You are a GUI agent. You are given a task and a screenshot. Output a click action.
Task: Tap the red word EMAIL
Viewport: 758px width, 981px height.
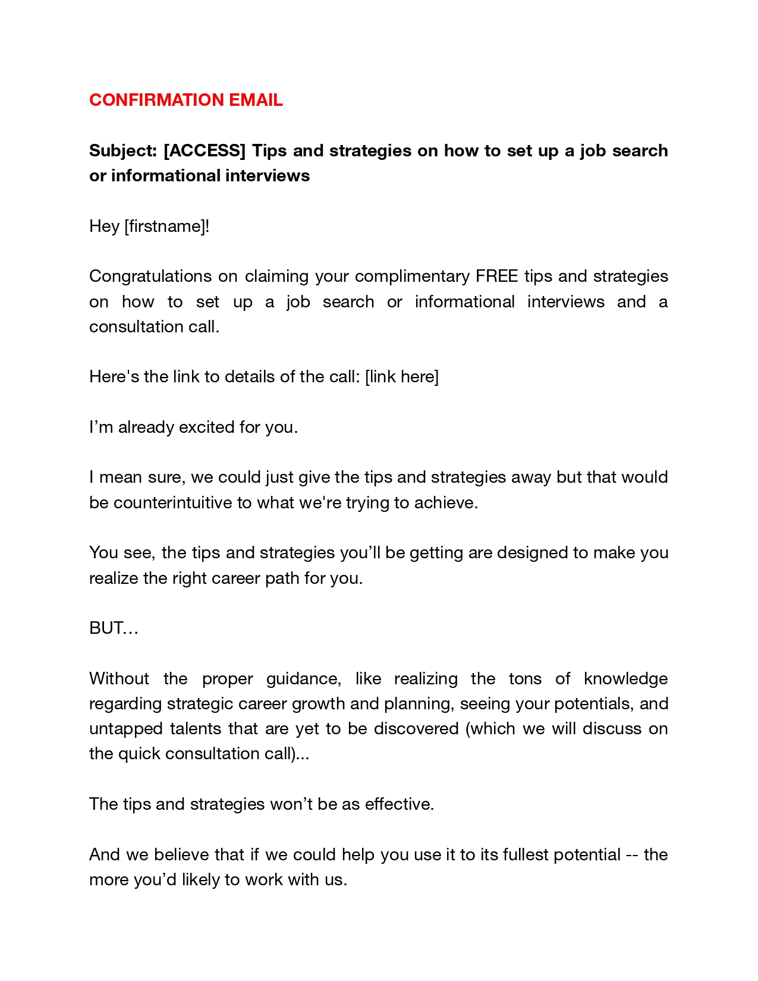pyautogui.click(x=256, y=100)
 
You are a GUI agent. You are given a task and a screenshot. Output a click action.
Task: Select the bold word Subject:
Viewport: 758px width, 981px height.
pyautogui.click(x=123, y=151)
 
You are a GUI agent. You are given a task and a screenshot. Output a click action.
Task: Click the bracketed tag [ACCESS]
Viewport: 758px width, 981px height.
pyautogui.click(x=205, y=151)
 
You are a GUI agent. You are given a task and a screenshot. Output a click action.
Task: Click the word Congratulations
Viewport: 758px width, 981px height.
pyautogui.click(x=150, y=276)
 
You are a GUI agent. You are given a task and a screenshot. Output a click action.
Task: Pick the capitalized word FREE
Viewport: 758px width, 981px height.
pyautogui.click(x=496, y=276)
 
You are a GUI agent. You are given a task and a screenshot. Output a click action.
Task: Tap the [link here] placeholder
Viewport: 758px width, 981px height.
pyautogui.click(x=402, y=377)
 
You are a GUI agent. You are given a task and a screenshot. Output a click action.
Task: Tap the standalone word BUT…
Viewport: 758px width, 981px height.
pyautogui.click(x=114, y=628)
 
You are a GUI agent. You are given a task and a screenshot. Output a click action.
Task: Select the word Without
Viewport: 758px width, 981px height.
pyautogui.click(x=119, y=679)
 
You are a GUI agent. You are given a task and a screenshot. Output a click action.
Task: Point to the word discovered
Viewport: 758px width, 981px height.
pyautogui.click(x=416, y=729)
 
